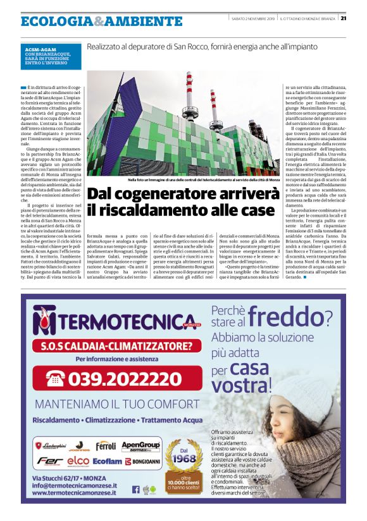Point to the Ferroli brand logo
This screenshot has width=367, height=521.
point(105,445)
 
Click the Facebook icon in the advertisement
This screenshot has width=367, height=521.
point(135,489)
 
